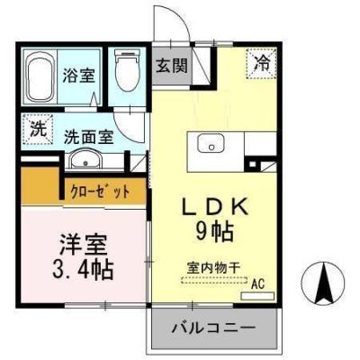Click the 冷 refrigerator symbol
click(262, 63)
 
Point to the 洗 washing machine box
click(37, 128)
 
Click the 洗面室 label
click(88, 137)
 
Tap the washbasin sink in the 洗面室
click(85, 161)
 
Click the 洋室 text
click(79, 244)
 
